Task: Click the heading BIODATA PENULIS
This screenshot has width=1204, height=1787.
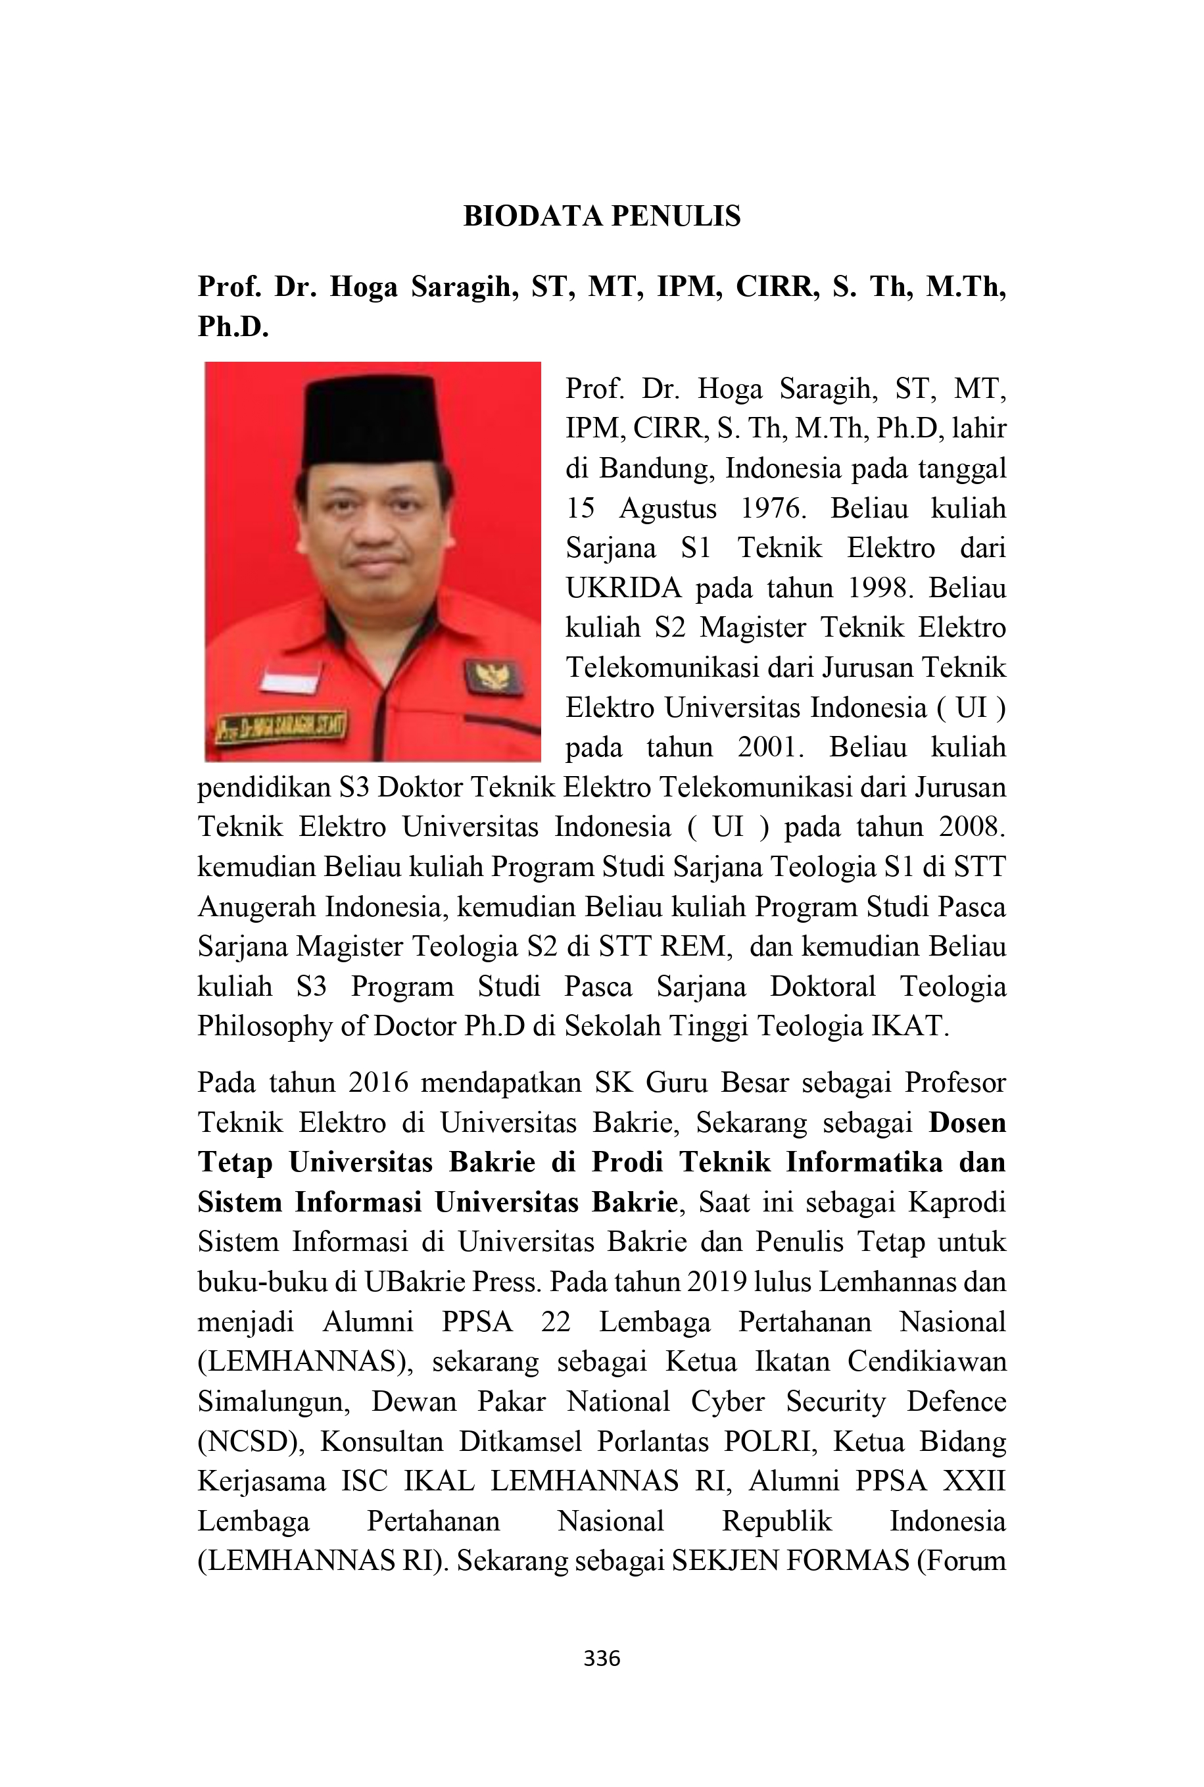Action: point(602,216)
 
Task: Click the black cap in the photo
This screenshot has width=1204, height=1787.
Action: point(372,420)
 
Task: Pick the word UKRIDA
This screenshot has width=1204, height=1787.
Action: point(623,588)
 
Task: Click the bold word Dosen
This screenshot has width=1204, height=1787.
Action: point(967,1123)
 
